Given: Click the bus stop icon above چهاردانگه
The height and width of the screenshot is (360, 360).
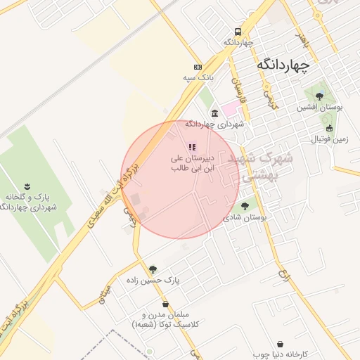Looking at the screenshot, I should coord(238,32).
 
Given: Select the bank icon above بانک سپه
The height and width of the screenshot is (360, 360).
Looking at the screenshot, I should coord(198,65).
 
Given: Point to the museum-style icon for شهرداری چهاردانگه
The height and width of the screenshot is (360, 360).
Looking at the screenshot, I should coord(214,113).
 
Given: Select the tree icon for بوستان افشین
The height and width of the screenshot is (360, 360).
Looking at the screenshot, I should coord(319,96).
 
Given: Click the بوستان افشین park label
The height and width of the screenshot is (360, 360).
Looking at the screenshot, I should coord(319,108).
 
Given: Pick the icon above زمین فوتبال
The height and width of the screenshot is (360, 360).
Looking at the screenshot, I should coord(329,128).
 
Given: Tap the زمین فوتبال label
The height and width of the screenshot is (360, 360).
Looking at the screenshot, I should coord(330,139).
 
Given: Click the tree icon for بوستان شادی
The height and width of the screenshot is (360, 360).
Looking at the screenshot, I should coord(245,206).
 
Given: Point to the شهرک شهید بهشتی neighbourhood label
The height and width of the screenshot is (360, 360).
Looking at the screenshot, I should coord(261,167).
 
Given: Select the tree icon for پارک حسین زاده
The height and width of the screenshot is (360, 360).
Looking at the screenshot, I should coord(153,269).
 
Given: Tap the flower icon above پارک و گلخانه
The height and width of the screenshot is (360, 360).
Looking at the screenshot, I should coord(27,186).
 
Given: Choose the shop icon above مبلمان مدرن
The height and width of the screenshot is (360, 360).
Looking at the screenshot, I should coord(166,304).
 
